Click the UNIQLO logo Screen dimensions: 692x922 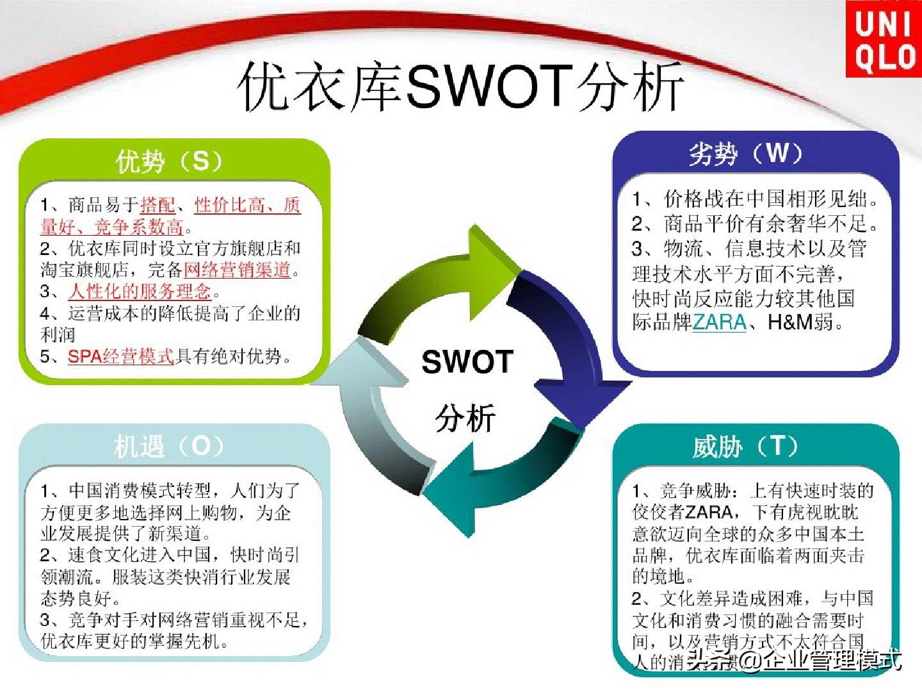coord(884,38)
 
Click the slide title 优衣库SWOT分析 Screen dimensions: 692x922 coord(461,86)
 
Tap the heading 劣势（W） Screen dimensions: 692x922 coord(745,154)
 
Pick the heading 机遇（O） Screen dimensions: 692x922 coord(170,447)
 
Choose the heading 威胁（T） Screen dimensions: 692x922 coord(745,447)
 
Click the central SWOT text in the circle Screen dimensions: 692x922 coord(467,362)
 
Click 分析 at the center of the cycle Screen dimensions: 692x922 coord(465,418)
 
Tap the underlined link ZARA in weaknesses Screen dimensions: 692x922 coord(719,322)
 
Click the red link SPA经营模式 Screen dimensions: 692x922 coord(120,357)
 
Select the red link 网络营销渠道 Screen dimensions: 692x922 coord(237,270)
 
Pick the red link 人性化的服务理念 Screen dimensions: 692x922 coord(140,292)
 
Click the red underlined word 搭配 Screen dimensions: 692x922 coord(157,205)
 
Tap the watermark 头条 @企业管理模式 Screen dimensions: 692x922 coord(794,660)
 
